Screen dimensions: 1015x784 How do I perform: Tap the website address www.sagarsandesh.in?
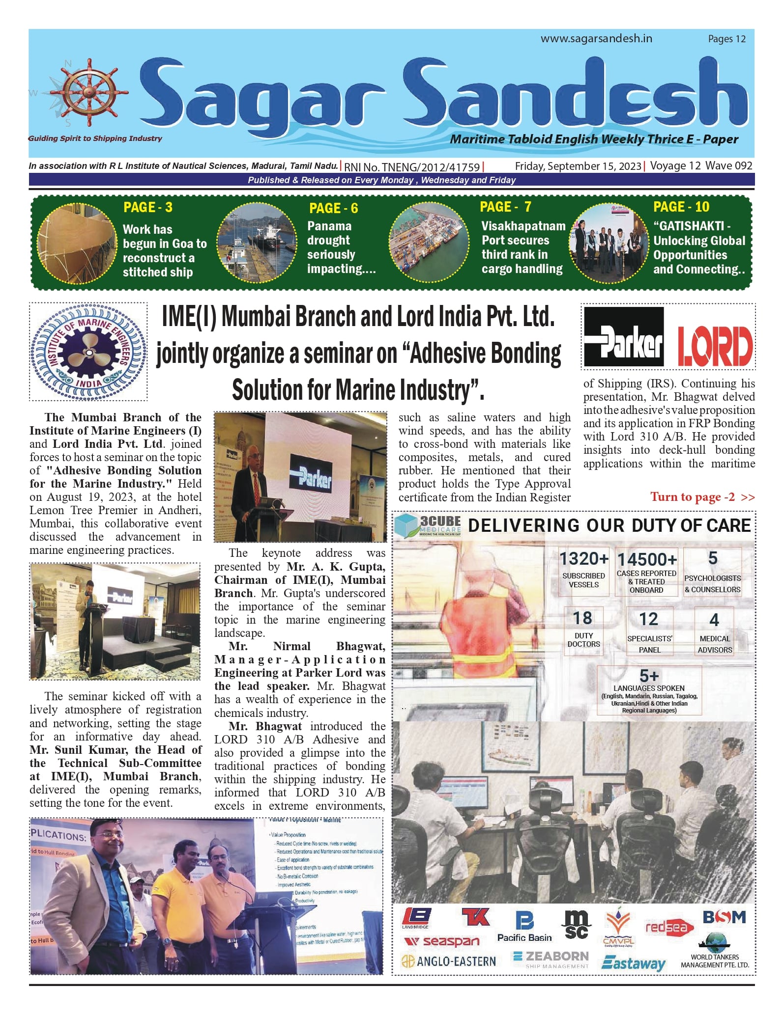tap(596, 38)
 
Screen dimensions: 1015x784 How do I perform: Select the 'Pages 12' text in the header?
tap(726, 39)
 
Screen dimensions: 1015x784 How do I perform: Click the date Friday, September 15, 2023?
tap(578, 166)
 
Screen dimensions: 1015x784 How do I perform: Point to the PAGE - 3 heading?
tap(148, 207)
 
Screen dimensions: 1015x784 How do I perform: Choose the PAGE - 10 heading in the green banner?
tap(681, 207)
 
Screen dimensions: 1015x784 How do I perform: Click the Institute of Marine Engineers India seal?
tap(88, 352)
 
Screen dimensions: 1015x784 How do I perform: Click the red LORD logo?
tap(715, 346)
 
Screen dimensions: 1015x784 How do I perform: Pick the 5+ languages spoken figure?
tap(649, 675)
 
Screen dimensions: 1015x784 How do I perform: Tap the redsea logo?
tap(669, 927)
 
